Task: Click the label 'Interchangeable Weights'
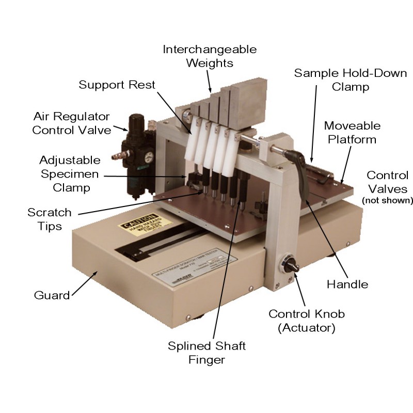(x=210, y=56)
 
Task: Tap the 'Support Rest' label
(x=117, y=84)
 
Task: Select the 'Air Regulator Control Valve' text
(x=71, y=122)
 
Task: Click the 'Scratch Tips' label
(x=50, y=219)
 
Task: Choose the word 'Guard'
(x=52, y=295)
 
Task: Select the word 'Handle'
(x=347, y=284)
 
